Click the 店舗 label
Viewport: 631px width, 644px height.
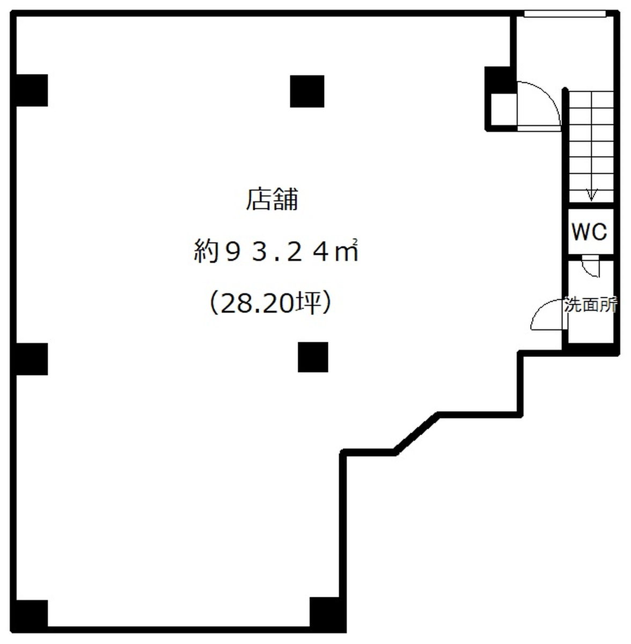coord(272,200)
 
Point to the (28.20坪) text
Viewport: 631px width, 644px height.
coord(270,303)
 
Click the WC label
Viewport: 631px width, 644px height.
coord(589,231)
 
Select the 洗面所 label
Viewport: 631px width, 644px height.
coord(591,304)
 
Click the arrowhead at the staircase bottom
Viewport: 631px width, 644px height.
coord(591,195)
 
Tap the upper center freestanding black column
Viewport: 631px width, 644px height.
coord(307,91)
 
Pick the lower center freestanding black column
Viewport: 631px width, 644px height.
coord(313,357)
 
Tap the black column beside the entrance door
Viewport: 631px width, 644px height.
coord(500,80)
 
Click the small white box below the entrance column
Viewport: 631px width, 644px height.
coord(504,109)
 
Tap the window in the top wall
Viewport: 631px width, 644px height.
coord(564,13)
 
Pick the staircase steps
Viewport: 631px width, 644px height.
coord(591,147)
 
